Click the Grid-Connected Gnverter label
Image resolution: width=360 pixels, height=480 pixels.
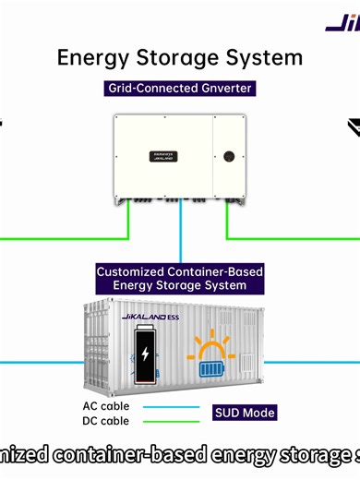click(180, 90)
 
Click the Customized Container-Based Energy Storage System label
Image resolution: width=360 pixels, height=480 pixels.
click(180, 280)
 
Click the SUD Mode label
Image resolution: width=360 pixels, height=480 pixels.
click(245, 413)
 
